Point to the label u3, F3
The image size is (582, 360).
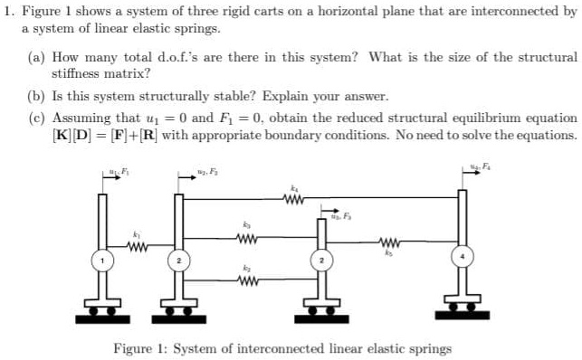339,212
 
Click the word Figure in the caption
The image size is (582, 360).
132,348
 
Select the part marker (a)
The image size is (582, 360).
35,57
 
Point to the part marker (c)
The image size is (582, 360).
35,118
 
